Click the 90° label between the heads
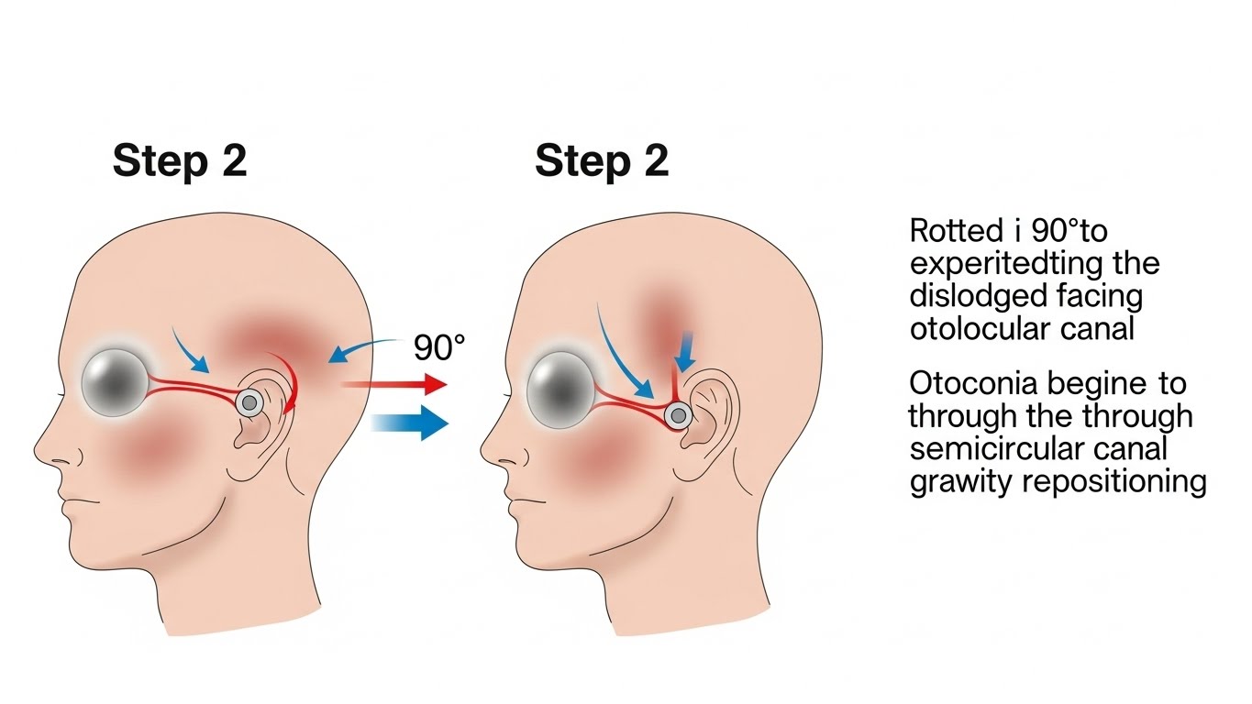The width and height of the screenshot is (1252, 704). [x=439, y=347]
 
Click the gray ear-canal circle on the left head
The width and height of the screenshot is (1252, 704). [x=248, y=401]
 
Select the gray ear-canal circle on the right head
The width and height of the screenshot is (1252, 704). [x=678, y=416]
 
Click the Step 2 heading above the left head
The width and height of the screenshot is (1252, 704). [x=180, y=162]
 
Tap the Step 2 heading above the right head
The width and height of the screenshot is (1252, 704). [x=602, y=162]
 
